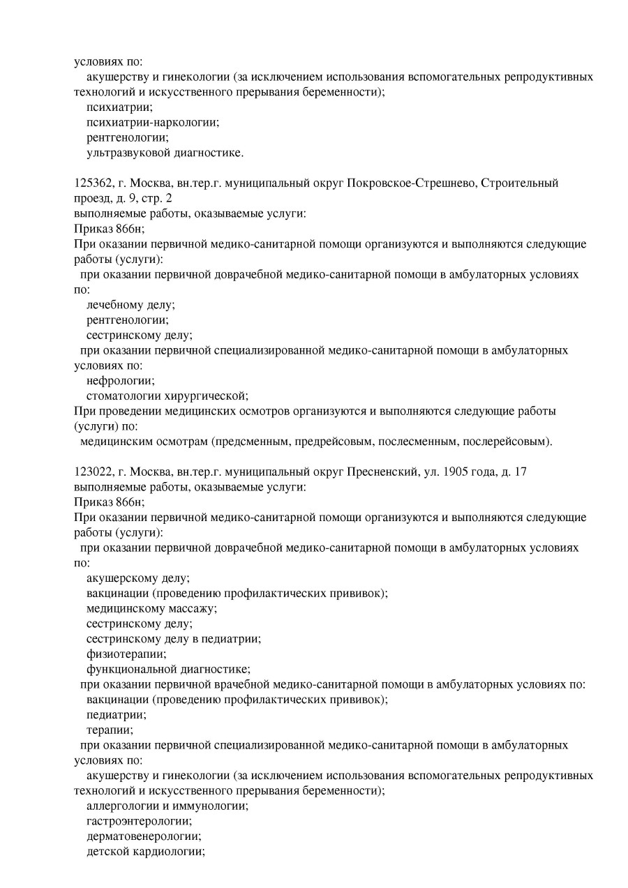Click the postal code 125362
tap(92, 183)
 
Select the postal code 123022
tap(92, 472)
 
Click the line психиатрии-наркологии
tap(153, 122)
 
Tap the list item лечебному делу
tap(130, 305)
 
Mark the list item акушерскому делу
tap(138, 578)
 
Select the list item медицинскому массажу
tap(151, 608)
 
